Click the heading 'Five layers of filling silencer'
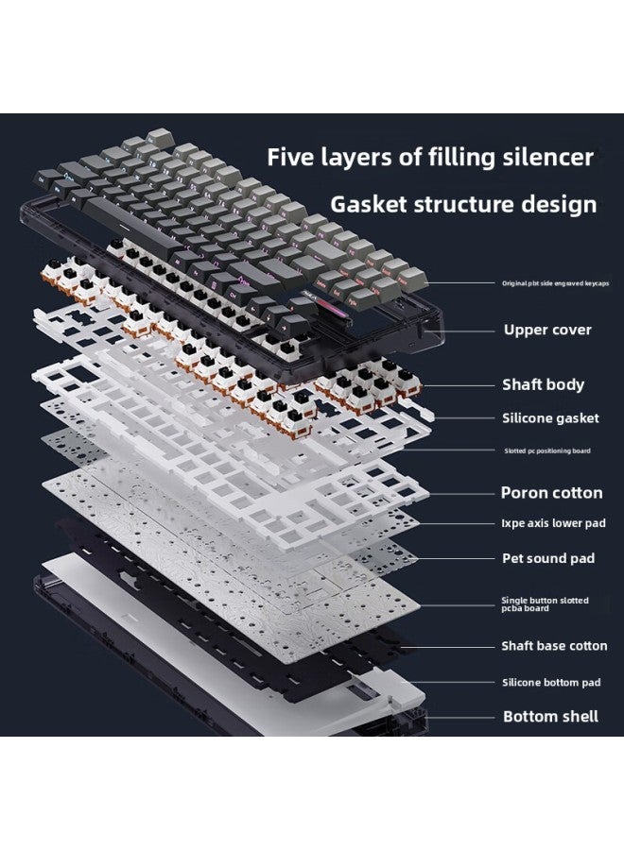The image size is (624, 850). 430,157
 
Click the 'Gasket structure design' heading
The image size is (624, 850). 463,204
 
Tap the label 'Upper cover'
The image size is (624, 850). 547,330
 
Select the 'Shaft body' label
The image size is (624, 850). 543,384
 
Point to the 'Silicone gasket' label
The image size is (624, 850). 549,417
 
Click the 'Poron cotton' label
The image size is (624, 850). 551,492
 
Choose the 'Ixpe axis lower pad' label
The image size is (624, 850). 553,523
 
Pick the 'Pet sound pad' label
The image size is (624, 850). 548,558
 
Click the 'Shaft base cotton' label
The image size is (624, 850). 554,646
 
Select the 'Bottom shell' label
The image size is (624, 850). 550,716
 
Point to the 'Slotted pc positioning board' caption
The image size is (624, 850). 547,451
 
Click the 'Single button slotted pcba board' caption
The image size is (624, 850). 545,604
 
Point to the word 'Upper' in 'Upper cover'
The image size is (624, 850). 527,331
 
